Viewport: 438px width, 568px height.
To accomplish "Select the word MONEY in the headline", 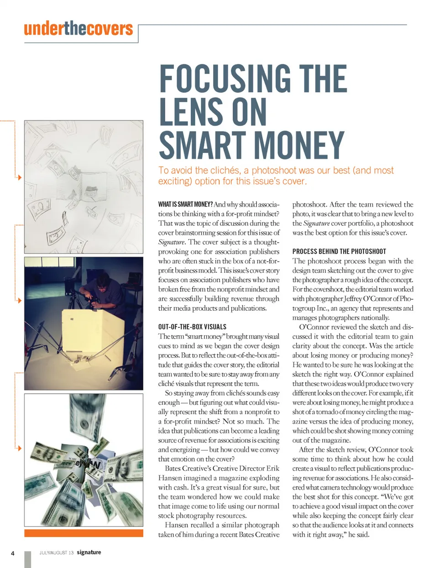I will [299, 146].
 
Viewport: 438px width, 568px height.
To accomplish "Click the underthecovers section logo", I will [78, 29].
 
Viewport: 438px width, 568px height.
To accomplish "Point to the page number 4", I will [13, 553].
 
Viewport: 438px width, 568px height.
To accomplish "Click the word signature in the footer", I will [89, 552].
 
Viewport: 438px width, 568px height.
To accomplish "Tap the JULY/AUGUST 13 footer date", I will [56, 552].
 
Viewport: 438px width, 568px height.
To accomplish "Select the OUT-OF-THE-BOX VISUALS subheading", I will [192, 327].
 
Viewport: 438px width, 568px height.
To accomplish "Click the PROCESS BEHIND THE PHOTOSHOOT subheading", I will [339, 251].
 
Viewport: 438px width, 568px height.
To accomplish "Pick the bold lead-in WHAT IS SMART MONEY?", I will [185, 204].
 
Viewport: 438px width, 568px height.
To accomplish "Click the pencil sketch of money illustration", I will [83, 187].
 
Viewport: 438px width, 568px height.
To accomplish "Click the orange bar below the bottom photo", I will [83, 533].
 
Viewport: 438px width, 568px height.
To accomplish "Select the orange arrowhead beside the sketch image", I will [19, 177].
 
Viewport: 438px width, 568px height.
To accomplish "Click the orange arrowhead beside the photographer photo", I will [19, 300].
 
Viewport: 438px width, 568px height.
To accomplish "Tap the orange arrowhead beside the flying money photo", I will [19, 448].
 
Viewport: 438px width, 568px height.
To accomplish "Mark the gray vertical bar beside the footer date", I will [27, 559].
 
